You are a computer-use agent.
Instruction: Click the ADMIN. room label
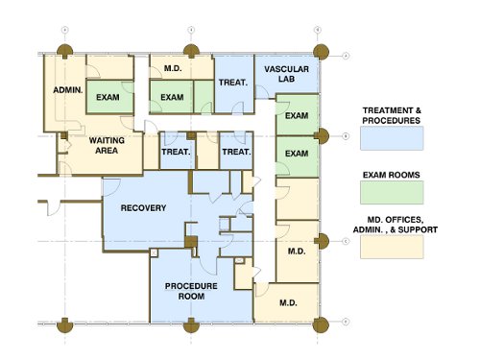68,90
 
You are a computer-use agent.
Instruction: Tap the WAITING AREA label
107,145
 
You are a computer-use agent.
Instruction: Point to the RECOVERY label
143,208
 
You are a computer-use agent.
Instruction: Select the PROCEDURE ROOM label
191,291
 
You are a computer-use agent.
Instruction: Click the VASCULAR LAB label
286,74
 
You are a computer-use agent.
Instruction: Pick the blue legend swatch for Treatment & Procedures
392,138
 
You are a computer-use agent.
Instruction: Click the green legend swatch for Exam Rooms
392,192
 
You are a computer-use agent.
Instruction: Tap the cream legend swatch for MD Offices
392,247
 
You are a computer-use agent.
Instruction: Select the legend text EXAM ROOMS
392,175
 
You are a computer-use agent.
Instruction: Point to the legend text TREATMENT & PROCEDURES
392,115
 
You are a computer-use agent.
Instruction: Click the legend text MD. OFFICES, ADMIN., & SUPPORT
396,225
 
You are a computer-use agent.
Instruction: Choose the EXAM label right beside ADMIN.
108,97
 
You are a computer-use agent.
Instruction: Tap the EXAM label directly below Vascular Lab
297,115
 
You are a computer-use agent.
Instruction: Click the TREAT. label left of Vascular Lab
233,83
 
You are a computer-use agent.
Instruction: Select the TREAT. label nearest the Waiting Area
176,152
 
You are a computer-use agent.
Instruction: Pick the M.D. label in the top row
173,68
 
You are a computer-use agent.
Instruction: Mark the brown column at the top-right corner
321,52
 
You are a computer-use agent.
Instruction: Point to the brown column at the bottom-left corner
64,325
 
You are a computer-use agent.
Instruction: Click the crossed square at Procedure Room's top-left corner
154,253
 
